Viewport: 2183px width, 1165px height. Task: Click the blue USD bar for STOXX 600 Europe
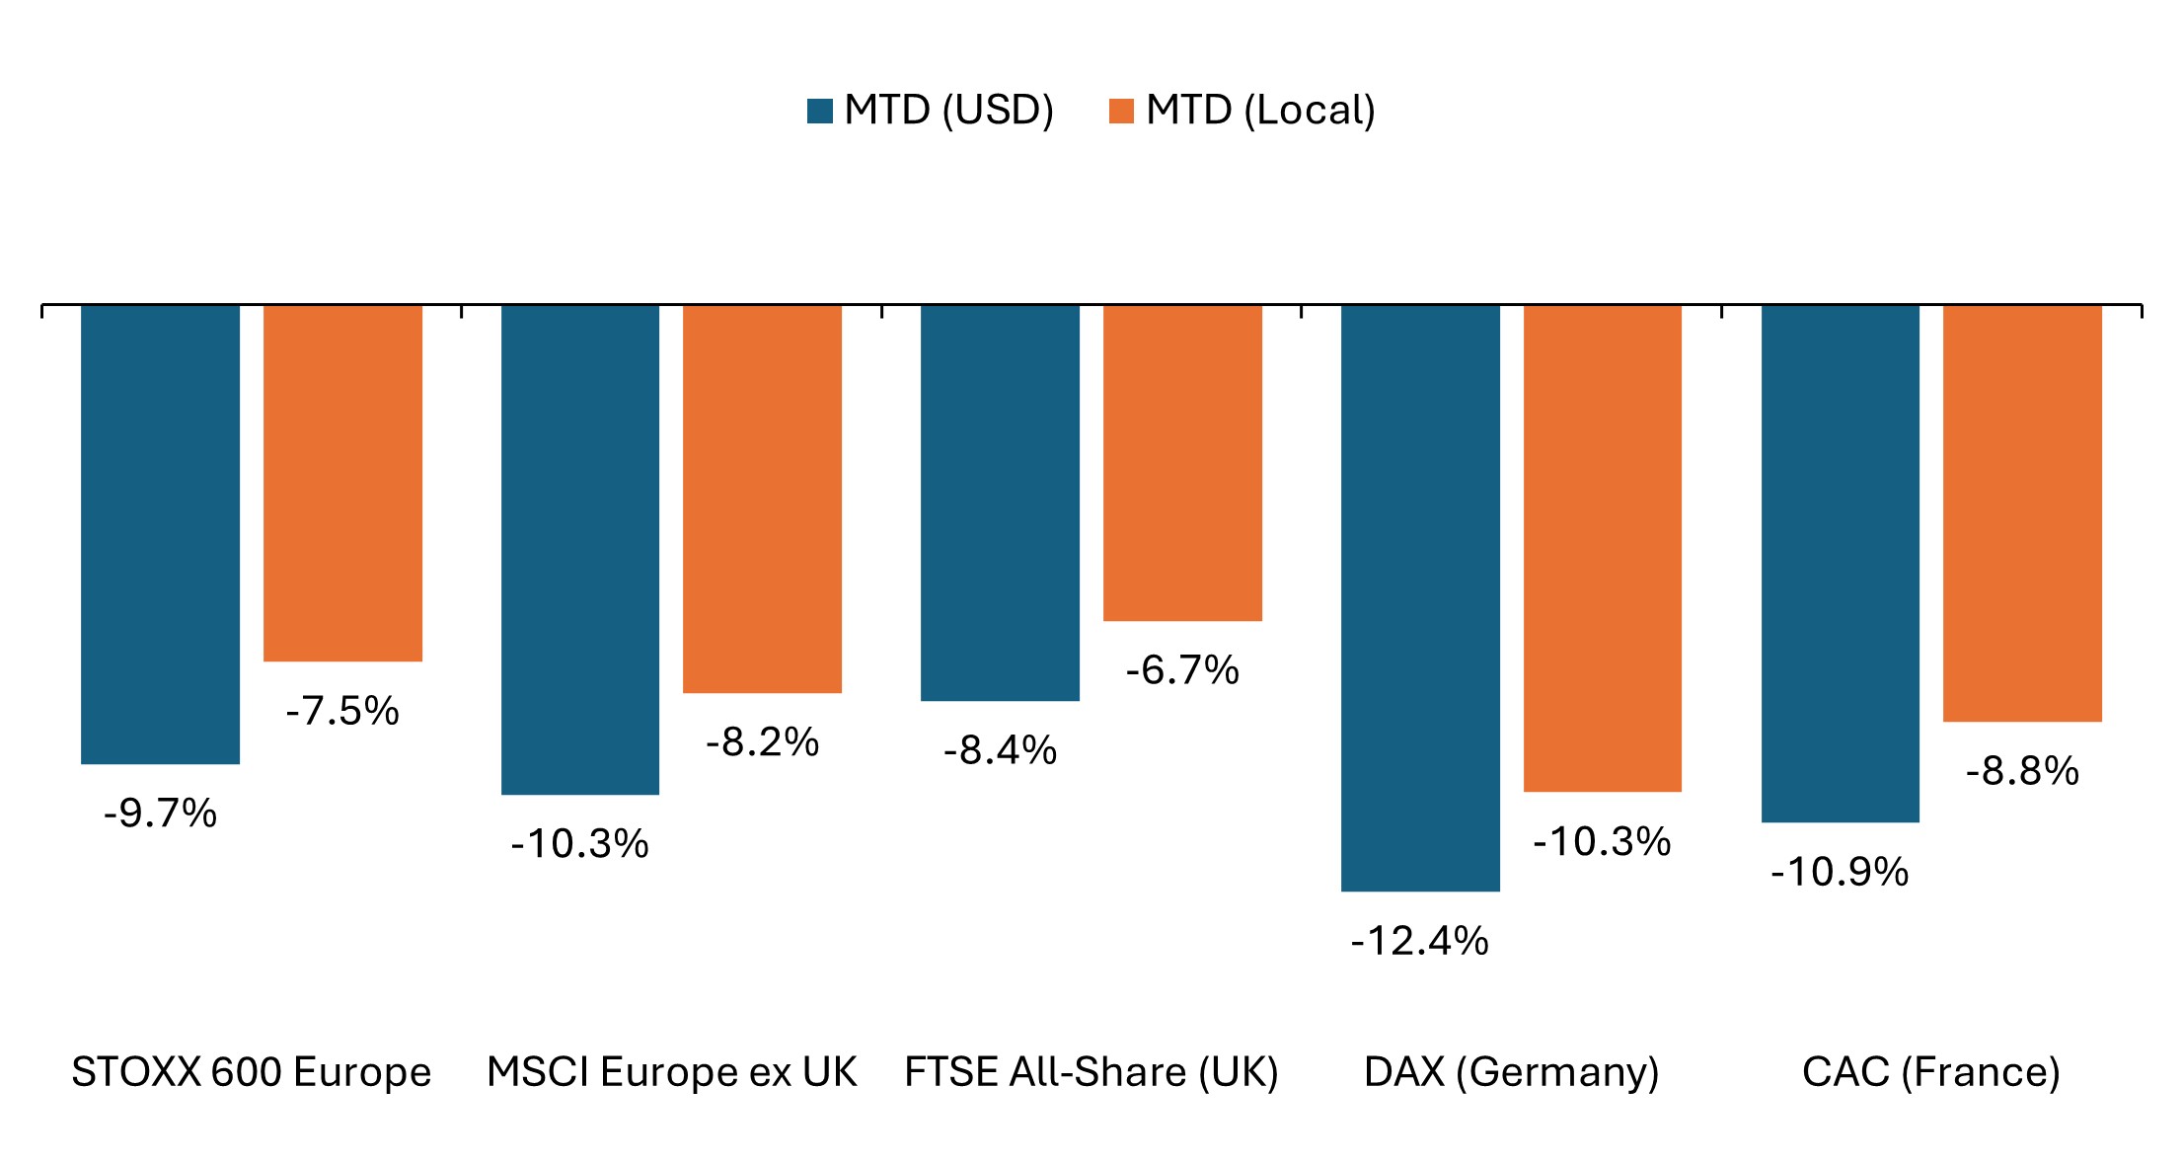click(x=160, y=533)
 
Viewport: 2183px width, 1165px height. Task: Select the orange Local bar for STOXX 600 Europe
click(x=342, y=483)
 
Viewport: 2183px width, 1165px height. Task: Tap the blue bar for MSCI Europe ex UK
click(x=580, y=549)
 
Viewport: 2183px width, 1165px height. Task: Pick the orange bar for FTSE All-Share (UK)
click(x=1182, y=462)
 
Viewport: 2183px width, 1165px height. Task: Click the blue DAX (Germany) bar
click(x=1420, y=597)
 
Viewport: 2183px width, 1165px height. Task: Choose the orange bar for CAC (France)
click(x=2022, y=512)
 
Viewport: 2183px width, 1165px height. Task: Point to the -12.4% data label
click(x=1420, y=941)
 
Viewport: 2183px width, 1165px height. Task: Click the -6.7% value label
click(x=1182, y=670)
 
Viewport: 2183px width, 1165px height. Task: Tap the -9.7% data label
click(x=160, y=814)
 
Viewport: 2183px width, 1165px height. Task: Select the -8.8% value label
click(x=2022, y=771)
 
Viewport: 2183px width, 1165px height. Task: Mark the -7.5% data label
click(x=342, y=711)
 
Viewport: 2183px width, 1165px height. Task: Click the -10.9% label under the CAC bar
click(x=1840, y=872)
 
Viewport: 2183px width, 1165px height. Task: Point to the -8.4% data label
click(x=1000, y=750)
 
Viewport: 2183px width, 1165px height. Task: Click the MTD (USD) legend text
click(x=949, y=110)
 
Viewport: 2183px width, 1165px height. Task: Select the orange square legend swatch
click(x=1121, y=111)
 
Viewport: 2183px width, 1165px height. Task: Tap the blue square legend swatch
click(x=819, y=111)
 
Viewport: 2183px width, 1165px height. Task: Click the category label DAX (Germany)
click(x=1511, y=1072)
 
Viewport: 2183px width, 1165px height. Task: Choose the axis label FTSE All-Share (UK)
click(x=1091, y=1072)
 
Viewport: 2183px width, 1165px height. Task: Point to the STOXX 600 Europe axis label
click(x=252, y=1072)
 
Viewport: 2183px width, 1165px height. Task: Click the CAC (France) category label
click(x=1931, y=1072)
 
